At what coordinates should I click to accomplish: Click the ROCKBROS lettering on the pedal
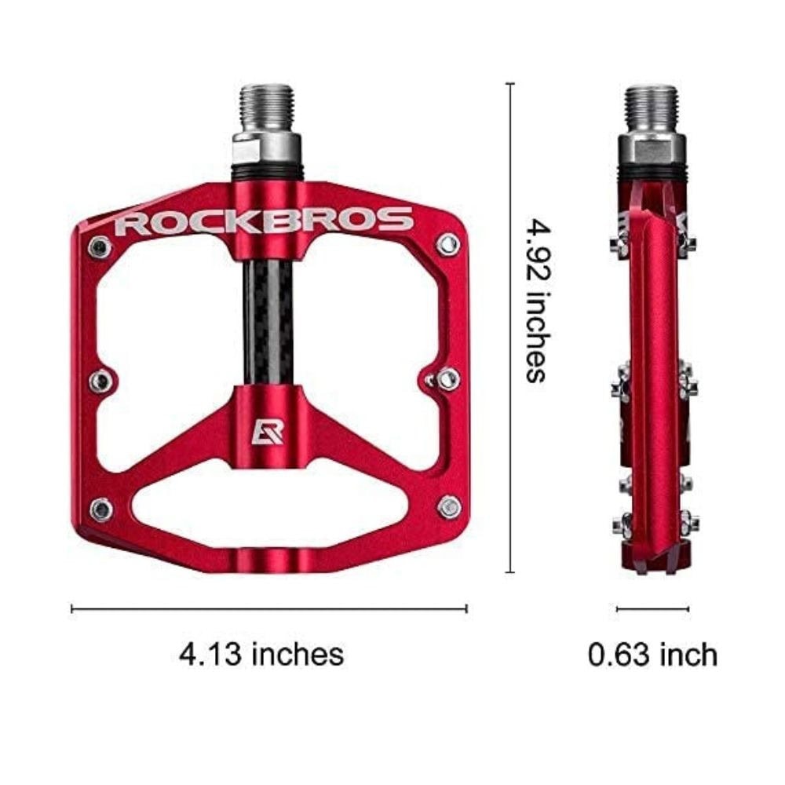tap(264, 221)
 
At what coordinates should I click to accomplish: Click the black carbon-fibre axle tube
tap(268, 323)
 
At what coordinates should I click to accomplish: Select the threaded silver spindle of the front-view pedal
tap(266, 110)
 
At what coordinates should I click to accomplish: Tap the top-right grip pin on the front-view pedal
tap(447, 244)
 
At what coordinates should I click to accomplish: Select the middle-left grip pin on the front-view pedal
tap(100, 382)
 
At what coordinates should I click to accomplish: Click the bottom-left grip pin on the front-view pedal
tap(100, 509)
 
